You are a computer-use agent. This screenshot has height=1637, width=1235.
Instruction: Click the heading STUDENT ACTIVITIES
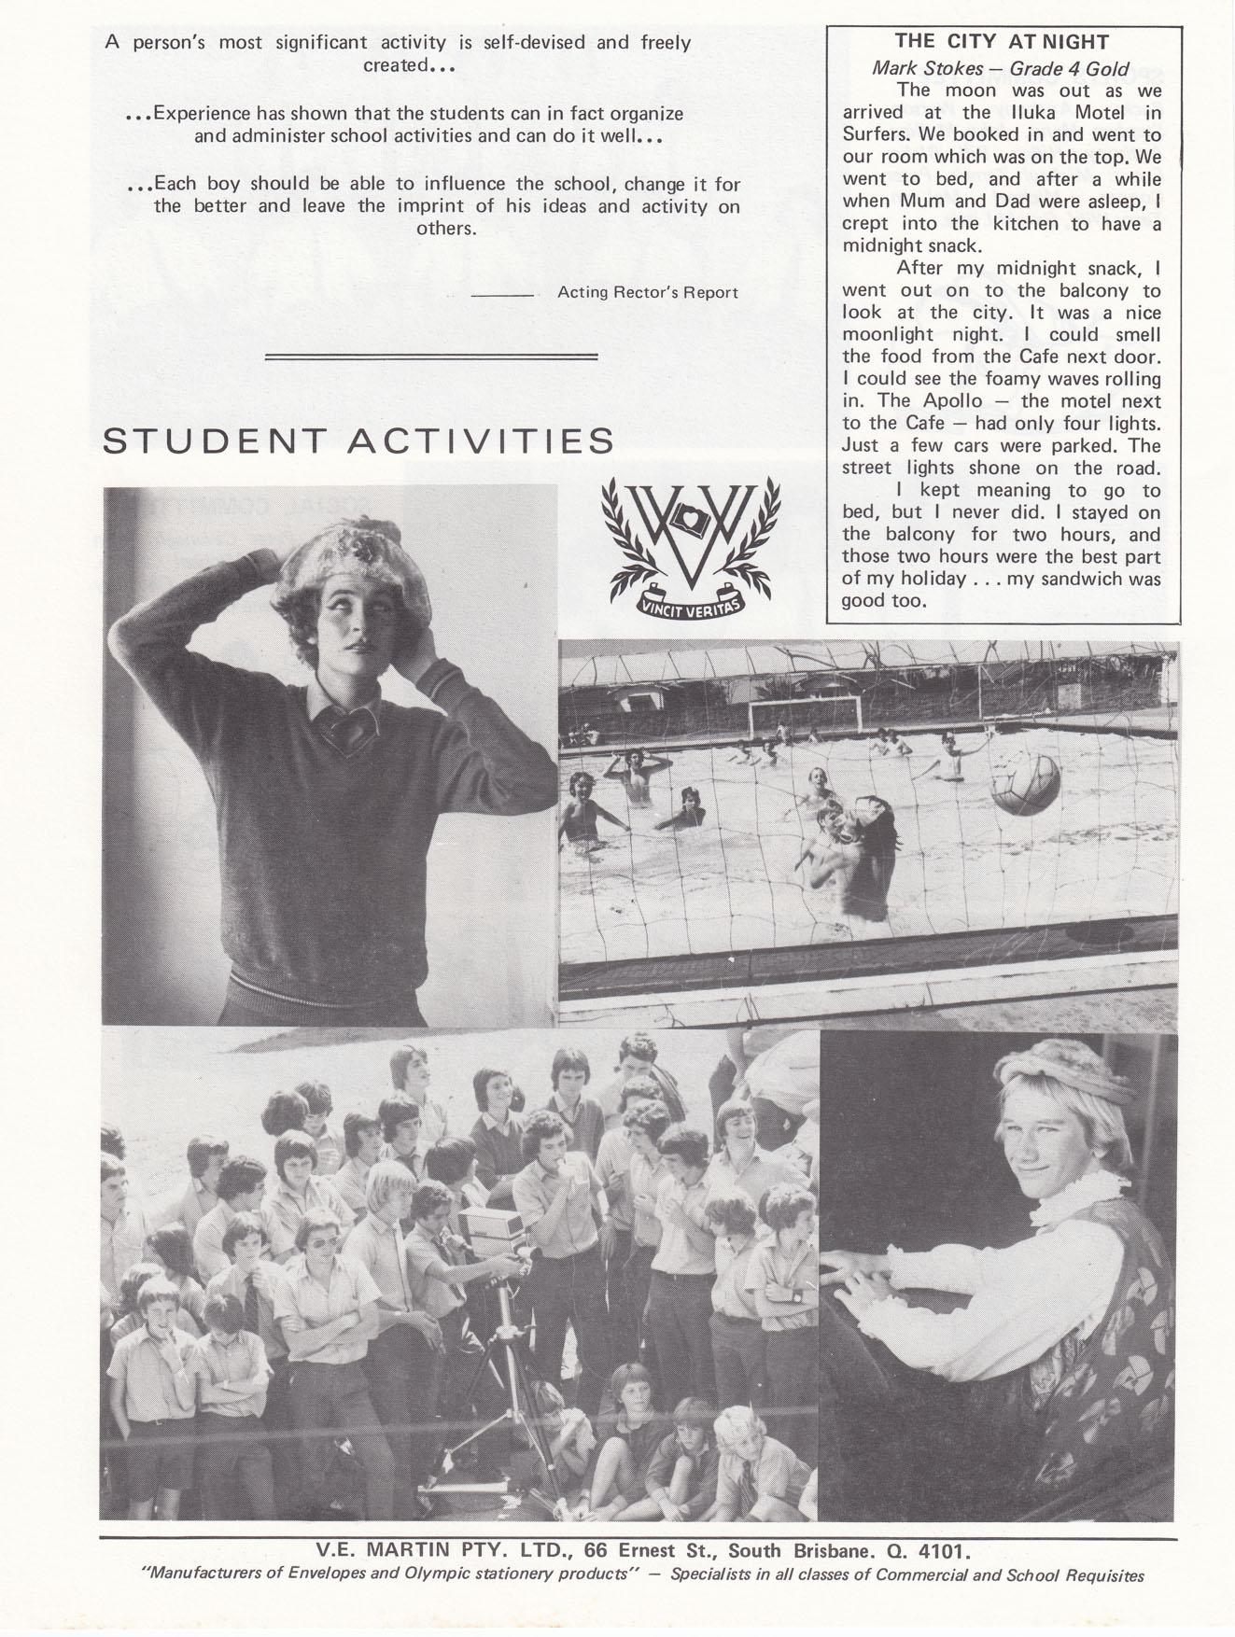tap(358, 441)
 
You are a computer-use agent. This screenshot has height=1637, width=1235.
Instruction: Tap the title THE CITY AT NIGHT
tap(1002, 42)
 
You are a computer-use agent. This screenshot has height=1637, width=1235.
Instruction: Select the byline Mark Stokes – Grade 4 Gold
tap(1001, 68)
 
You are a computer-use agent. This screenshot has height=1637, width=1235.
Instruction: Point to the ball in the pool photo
tap(1024, 783)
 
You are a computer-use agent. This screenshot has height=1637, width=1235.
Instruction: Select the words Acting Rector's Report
tap(648, 293)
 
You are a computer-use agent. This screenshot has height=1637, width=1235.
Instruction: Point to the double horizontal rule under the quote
tap(431, 356)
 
